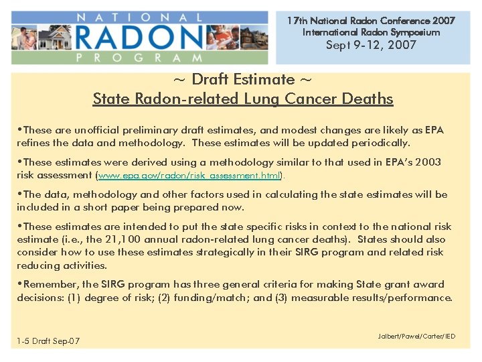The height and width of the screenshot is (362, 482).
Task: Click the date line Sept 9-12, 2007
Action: pos(371,45)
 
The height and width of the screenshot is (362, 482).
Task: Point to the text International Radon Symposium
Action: pos(371,32)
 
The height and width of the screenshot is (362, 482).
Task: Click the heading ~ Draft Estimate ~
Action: pos(242,79)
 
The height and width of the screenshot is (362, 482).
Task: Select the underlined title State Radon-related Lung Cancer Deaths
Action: pos(242,99)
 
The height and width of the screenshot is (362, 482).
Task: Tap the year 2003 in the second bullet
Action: pos(428,162)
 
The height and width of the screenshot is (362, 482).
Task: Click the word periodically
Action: pos(382,143)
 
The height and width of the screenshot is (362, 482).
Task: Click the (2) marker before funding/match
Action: pos(165,298)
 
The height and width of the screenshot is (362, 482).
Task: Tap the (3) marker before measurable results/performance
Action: pos(281,298)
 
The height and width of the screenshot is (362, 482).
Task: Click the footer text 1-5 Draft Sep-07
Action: pos(48,341)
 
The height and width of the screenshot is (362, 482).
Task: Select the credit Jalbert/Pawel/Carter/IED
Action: pos(416,336)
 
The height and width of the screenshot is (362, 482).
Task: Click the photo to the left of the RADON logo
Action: pos(55,37)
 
